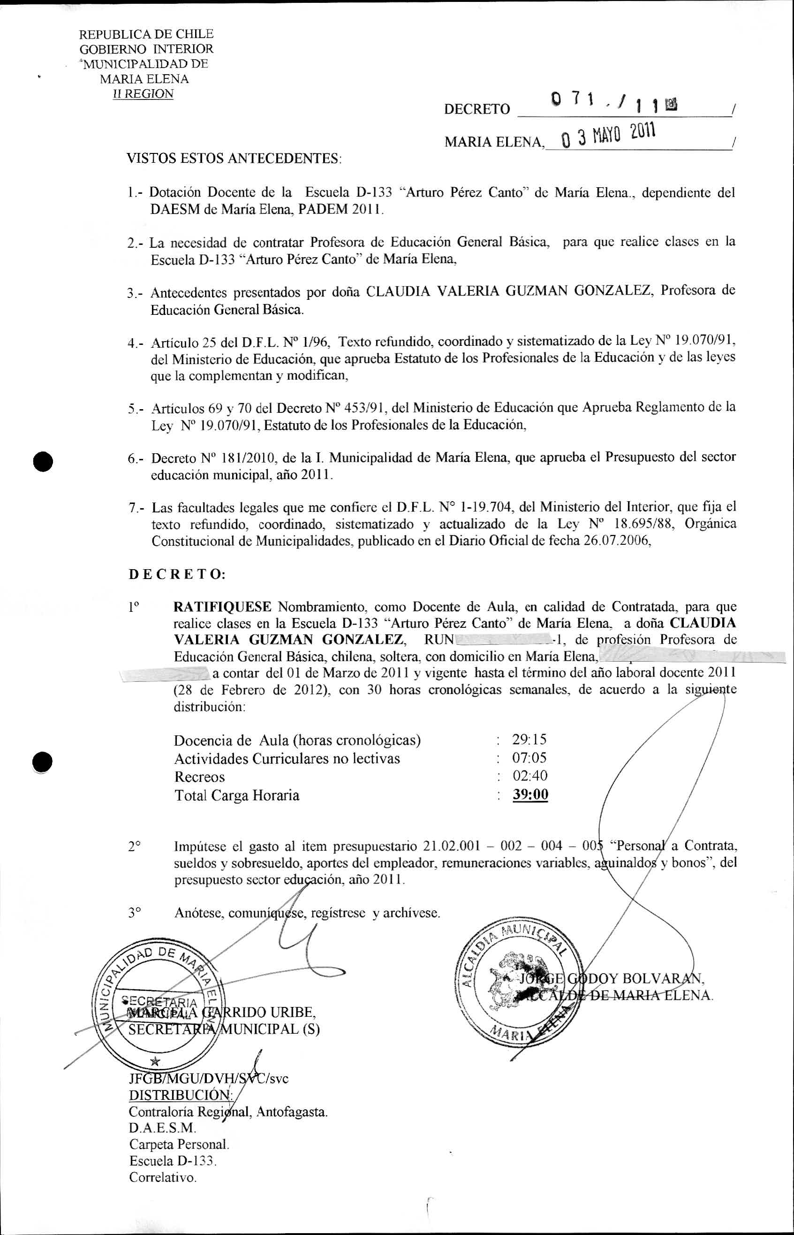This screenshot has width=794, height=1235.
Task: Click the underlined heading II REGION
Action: (144, 94)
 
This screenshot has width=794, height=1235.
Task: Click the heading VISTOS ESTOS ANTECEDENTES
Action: (234, 159)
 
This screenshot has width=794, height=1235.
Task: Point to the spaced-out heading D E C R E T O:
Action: (176, 574)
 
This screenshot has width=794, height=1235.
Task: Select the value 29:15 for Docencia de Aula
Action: (529, 739)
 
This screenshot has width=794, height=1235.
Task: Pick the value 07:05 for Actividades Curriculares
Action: (529, 757)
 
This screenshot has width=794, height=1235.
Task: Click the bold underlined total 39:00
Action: (530, 794)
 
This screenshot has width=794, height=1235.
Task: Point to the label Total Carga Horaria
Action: (237, 795)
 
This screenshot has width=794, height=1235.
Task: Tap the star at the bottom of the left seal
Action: (154, 1061)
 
